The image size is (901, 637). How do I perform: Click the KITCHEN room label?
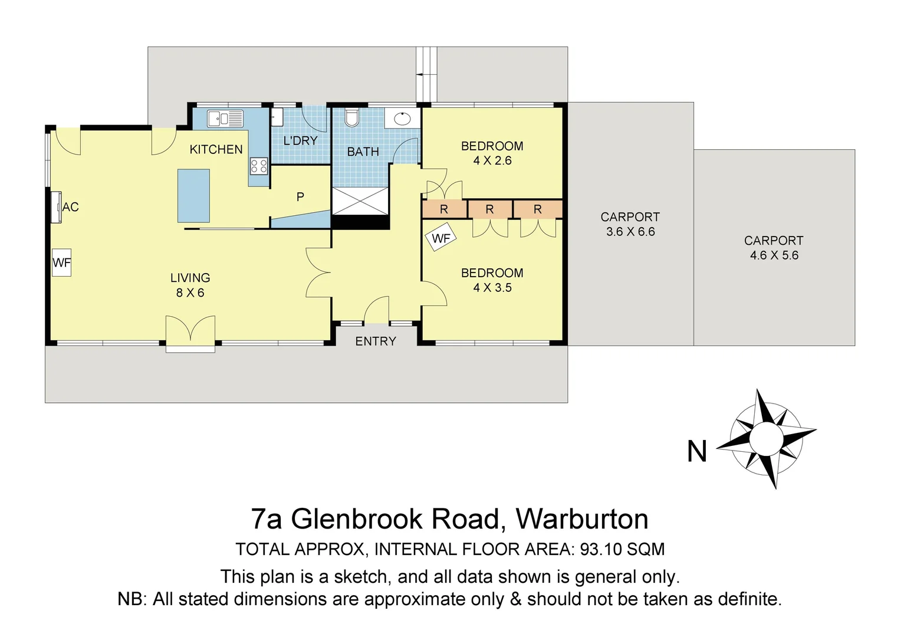pos(216,150)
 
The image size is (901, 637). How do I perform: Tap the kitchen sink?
pos(225,119)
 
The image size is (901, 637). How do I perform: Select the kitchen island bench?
pos(193,195)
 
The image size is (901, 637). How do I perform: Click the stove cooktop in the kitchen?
pos(259,166)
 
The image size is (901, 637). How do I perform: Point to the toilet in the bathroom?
pos(352,118)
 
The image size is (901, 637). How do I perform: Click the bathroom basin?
pos(402,118)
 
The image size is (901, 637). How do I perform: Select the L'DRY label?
pos(300,140)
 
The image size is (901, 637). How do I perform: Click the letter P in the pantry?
pos(300,197)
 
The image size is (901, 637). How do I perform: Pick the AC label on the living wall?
pos(70,207)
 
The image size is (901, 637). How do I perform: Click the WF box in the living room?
pos(61,263)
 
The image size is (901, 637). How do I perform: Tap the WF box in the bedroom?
pos(440,238)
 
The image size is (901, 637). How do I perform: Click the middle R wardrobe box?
pos(489,209)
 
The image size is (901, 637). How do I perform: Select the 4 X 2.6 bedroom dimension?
pos(492,160)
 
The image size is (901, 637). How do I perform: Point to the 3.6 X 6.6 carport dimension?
pos(630,232)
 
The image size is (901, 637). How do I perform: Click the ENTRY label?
pos(376,341)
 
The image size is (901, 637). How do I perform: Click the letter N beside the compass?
pos(697,452)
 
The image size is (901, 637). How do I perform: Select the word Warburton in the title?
pos(582,519)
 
